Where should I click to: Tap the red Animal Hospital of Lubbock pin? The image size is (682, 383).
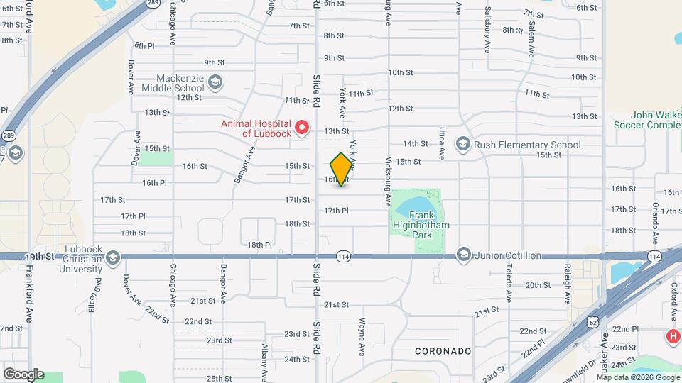coord(302,128)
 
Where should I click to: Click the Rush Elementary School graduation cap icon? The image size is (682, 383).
coord(463,145)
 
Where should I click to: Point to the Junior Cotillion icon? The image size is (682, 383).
coord(463,255)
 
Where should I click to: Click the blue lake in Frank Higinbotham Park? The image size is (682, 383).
coord(410,206)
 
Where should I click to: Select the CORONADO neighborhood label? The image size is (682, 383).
coord(443,351)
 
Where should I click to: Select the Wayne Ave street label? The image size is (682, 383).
coord(362,338)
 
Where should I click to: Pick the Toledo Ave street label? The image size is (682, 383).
coord(509,278)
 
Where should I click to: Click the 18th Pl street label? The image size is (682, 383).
coord(259,245)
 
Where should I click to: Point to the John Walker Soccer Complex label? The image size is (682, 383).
coord(646,120)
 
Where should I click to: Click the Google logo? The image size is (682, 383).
coord(23,374)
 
